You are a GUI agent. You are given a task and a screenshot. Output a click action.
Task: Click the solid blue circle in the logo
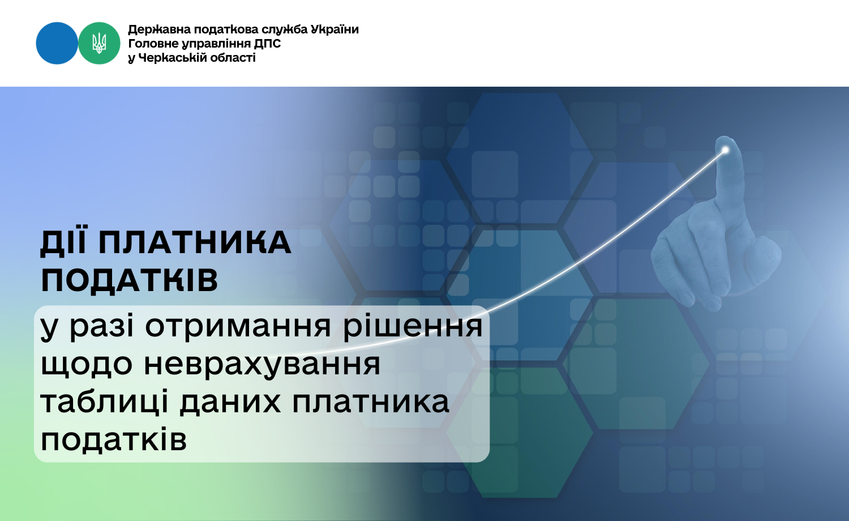point(57,43)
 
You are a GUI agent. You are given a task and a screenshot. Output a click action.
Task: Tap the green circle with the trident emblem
point(99,43)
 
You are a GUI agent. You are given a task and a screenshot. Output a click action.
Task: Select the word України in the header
point(335,29)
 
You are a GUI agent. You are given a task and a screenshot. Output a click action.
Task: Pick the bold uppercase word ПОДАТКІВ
point(130,280)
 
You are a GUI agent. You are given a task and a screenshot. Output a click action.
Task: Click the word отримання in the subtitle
point(238,326)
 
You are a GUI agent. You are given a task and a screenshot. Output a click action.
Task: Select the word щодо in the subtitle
point(87,364)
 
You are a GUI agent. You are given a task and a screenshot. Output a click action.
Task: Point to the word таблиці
point(104,402)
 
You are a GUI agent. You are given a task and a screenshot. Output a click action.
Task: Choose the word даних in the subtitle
point(230,403)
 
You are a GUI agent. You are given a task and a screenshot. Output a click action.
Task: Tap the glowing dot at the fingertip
point(726,150)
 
